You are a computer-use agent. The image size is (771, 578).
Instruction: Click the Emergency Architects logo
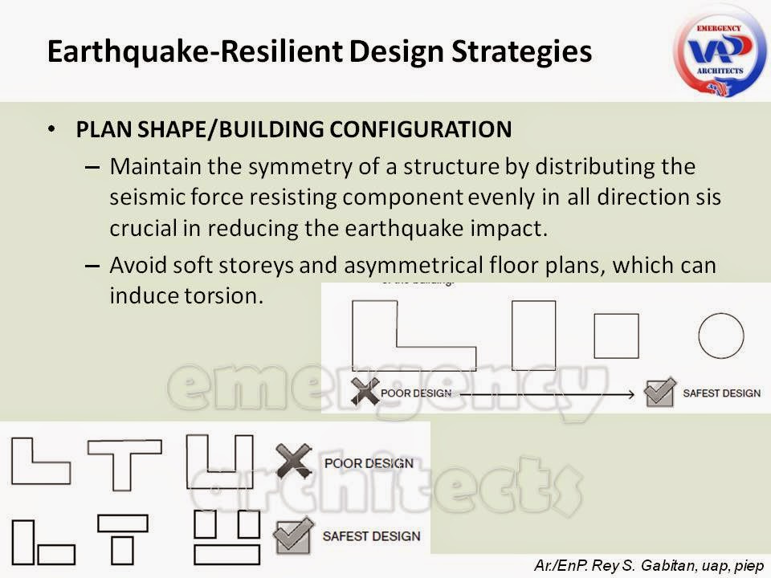(x=720, y=49)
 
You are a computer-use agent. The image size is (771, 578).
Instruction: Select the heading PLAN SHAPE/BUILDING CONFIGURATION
(x=293, y=130)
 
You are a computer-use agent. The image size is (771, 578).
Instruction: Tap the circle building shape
(x=720, y=336)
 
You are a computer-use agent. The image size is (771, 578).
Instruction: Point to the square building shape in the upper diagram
(x=616, y=336)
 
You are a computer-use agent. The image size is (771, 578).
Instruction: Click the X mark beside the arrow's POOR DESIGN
(x=365, y=392)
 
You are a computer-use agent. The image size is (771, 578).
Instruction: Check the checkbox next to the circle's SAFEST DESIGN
(x=660, y=392)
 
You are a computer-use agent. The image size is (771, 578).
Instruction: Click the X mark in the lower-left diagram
(x=293, y=462)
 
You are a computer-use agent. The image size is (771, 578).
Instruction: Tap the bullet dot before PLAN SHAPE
(x=52, y=130)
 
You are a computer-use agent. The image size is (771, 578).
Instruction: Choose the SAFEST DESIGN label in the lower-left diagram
(x=371, y=535)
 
